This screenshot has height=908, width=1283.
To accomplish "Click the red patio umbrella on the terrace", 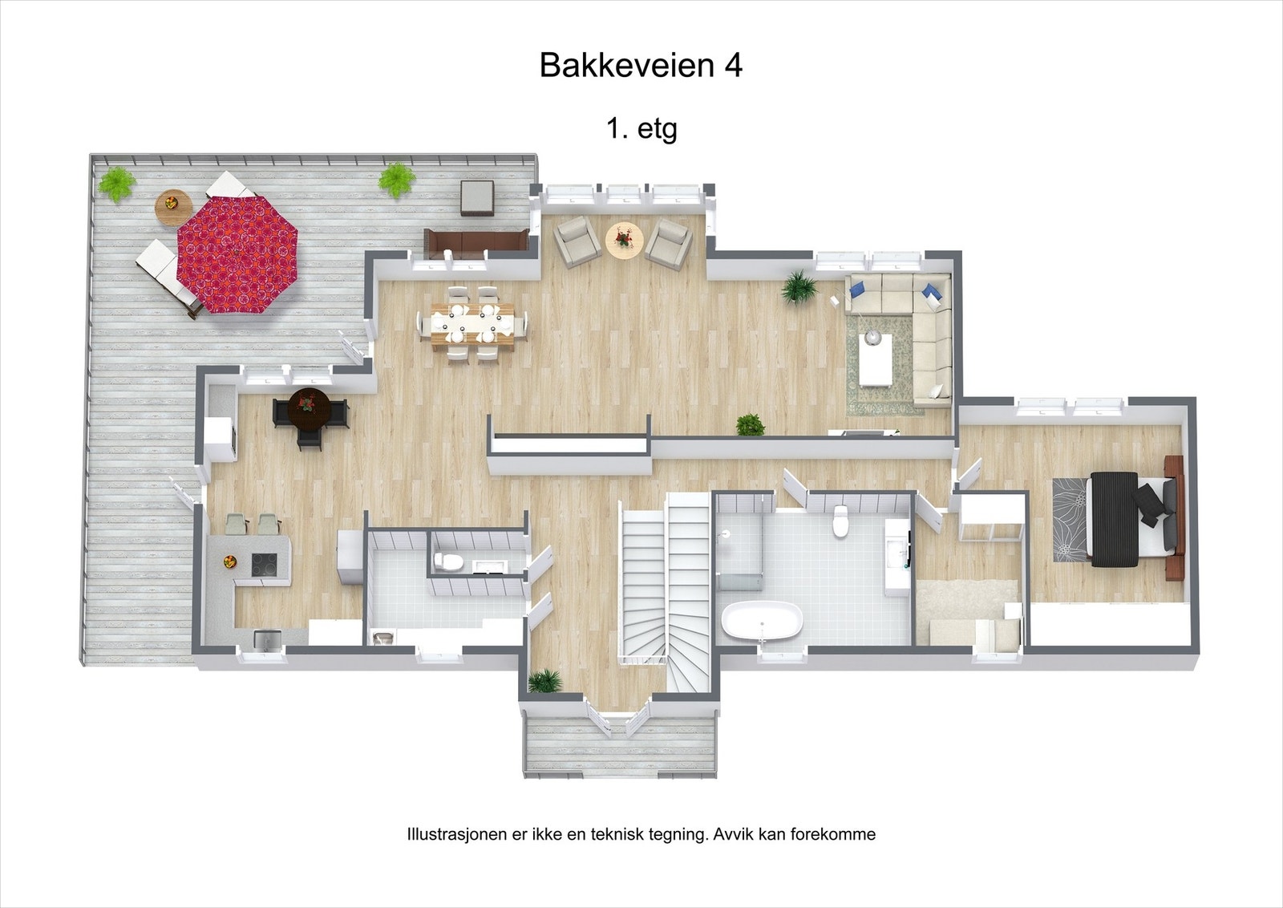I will tap(237, 255).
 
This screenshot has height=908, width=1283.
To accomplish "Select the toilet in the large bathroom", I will tap(840, 521).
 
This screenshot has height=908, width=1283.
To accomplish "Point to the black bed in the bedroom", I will tap(1115, 519).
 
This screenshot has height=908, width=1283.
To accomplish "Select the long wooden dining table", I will tap(472, 324).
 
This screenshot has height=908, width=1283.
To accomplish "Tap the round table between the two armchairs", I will tap(625, 239).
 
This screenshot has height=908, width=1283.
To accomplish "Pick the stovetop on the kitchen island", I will tap(265, 565).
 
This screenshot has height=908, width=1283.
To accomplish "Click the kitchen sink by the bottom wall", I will tap(267, 639).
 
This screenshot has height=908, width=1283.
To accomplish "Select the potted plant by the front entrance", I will tap(545, 680).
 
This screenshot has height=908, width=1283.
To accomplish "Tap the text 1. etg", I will tap(641, 128).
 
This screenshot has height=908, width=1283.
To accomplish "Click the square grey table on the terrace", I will tap(479, 198).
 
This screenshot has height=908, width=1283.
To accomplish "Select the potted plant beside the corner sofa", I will tap(799, 286).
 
